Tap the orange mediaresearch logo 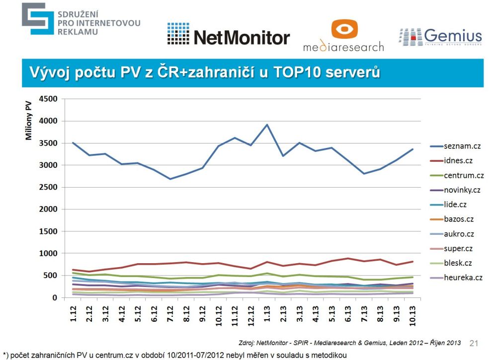343,36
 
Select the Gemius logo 440,37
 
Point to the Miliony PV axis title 29,121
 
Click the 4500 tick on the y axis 49,99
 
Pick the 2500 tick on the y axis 49,187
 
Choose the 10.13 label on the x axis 413,312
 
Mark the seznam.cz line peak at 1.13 267,125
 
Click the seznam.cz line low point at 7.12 170,179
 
